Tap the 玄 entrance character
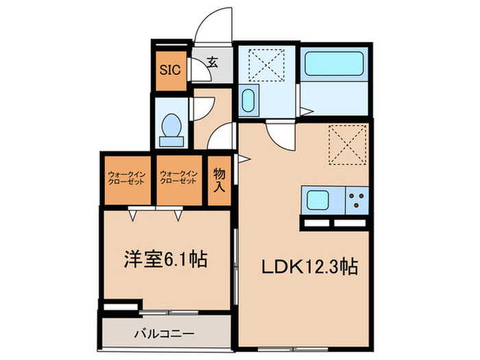(x=212, y=63)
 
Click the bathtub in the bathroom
(x=335, y=66)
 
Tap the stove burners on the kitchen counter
(x=357, y=201)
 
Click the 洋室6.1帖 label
(x=165, y=260)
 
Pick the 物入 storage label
(x=219, y=180)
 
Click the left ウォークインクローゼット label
(x=126, y=179)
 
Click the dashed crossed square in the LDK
(x=348, y=146)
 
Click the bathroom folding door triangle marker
(x=309, y=110)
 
